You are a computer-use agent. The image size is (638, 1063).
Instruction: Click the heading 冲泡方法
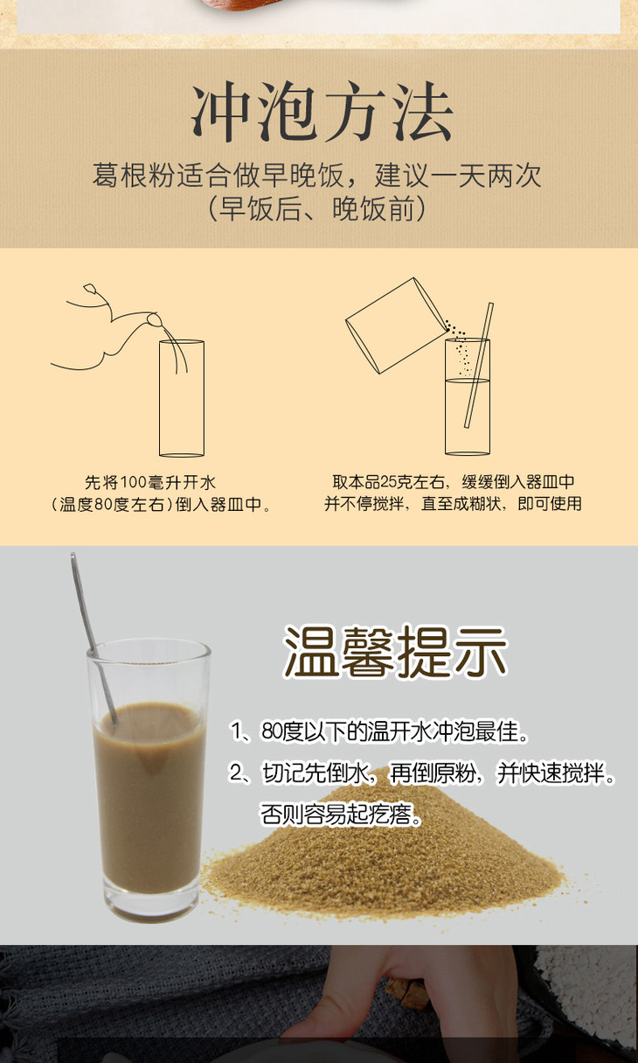click(x=322, y=112)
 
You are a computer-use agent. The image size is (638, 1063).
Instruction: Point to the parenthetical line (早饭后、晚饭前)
click(x=317, y=208)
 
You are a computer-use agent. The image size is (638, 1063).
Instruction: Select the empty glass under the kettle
click(x=182, y=398)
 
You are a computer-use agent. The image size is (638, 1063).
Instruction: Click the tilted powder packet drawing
click(x=396, y=325)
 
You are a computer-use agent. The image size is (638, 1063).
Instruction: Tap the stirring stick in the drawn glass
click(x=478, y=366)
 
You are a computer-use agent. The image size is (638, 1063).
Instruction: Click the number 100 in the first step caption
click(x=134, y=483)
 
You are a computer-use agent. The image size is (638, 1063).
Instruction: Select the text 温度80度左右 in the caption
click(x=112, y=504)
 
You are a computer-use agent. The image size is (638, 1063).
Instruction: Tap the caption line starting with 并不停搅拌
click(x=453, y=503)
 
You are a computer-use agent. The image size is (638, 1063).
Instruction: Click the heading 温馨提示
click(x=395, y=651)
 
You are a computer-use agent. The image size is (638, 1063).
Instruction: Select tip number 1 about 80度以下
click(x=379, y=731)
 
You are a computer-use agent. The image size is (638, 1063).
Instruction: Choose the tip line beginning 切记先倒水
click(x=422, y=773)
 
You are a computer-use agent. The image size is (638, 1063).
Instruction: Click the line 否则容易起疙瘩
click(x=340, y=815)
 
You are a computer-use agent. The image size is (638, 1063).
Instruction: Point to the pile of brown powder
click(x=384, y=850)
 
